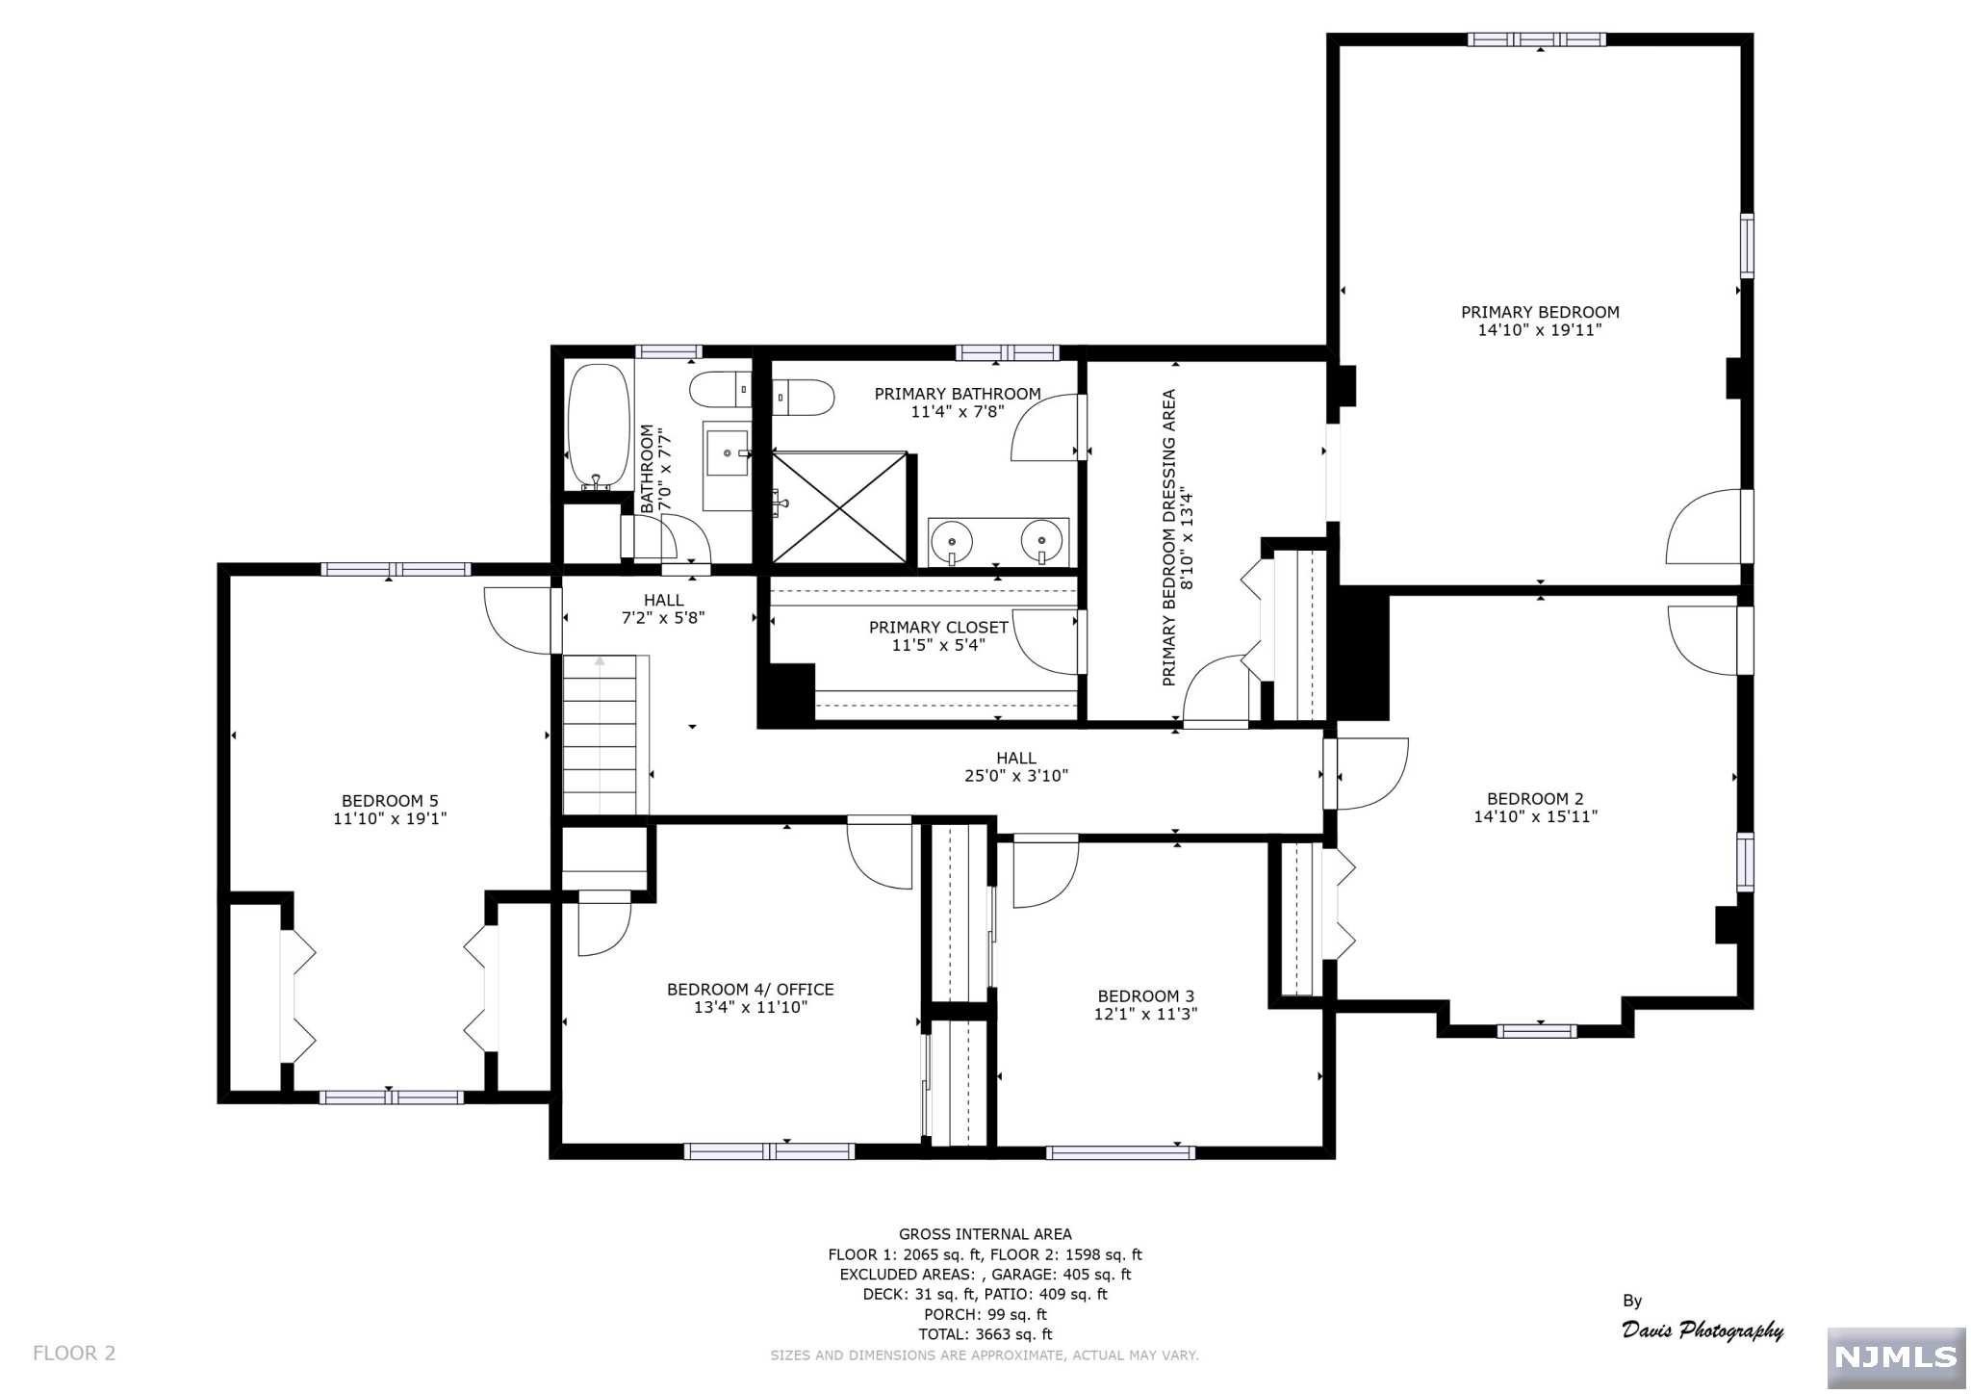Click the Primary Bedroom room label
[x=1540, y=312]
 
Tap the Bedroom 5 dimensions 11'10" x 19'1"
[x=390, y=819]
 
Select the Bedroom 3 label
[x=1145, y=996]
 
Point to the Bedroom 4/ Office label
[x=751, y=990]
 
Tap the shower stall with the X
[x=840, y=507]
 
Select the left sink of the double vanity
[x=953, y=541]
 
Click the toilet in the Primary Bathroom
[x=803, y=397]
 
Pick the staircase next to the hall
[x=601, y=735]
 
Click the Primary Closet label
[x=938, y=628]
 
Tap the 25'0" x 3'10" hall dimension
[x=1016, y=776]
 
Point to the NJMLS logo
[x=1896, y=1357]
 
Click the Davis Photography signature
[x=1702, y=1329]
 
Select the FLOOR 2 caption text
[x=74, y=1354]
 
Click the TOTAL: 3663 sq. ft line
[x=985, y=1334]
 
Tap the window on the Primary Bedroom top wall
[x=1537, y=39]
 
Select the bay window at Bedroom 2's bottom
[x=1537, y=1031]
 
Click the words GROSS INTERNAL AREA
[x=985, y=1234]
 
